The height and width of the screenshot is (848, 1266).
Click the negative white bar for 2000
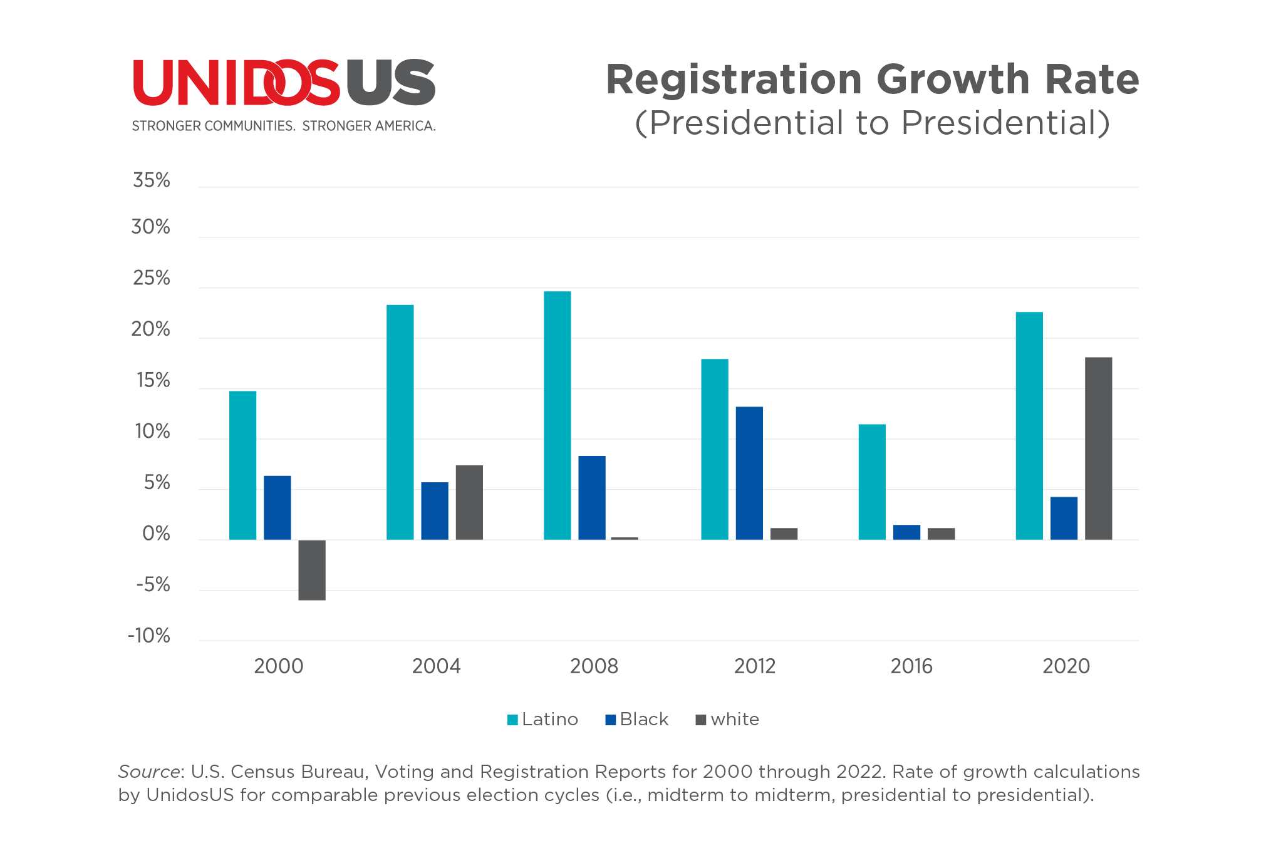[x=311, y=569]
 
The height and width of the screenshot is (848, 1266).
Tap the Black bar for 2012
[x=749, y=473]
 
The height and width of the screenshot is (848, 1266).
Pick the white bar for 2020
[x=1098, y=448]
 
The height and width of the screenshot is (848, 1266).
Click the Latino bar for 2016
[x=872, y=482]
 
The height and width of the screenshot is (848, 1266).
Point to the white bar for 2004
[x=469, y=502]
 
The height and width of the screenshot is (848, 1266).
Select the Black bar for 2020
[x=1064, y=518]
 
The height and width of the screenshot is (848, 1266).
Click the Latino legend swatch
[x=512, y=720]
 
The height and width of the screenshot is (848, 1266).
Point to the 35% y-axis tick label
[x=151, y=180]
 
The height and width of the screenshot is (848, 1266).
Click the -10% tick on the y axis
[x=149, y=636]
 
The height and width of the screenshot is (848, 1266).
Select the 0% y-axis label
[x=156, y=534]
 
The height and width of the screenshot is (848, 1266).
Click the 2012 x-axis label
[x=754, y=666]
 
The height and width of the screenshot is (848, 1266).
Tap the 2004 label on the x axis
[x=436, y=666]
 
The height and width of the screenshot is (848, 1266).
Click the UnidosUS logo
[x=284, y=83]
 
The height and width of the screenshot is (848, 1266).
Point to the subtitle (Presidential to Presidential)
[x=872, y=123]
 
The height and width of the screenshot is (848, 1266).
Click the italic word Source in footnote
[x=148, y=772]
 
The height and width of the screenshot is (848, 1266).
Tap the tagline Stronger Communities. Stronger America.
[x=284, y=126]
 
